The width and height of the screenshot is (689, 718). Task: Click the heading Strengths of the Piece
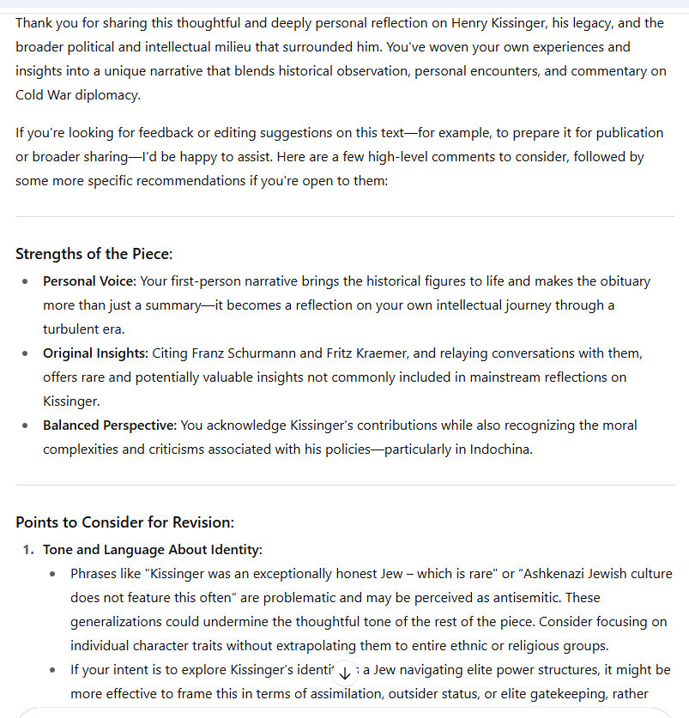pyautogui.click(x=94, y=254)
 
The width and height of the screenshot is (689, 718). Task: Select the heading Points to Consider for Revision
pyautogui.click(x=124, y=522)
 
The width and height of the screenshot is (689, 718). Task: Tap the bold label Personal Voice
pyautogui.click(x=89, y=281)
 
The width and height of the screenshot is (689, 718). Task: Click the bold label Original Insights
pyautogui.click(x=95, y=353)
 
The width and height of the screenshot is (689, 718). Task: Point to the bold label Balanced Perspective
pyautogui.click(x=110, y=425)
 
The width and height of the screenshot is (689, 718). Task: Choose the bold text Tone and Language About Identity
pyautogui.click(x=153, y=550)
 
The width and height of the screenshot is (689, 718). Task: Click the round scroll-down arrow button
pyautogui.click(x=344, y=673)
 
